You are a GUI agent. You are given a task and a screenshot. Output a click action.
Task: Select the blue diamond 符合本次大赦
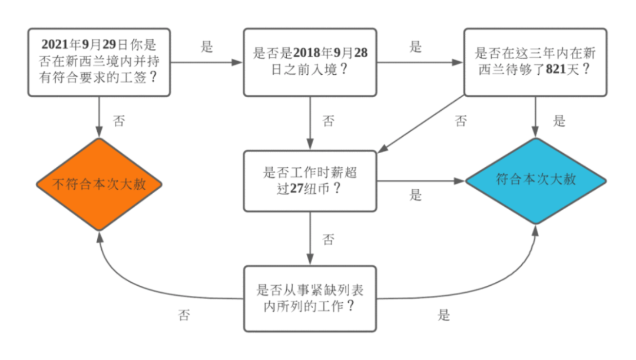pos(535,180)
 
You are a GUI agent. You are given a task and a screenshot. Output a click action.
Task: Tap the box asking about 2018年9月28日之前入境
pos(310,61)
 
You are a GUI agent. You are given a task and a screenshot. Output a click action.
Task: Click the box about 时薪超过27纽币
pos(310,181)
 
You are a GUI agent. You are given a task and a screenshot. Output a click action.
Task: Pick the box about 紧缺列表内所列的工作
pos(310,298)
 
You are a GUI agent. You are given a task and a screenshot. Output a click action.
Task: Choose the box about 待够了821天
pos(535,61)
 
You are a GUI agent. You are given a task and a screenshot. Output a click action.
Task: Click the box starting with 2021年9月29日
pos(99,61)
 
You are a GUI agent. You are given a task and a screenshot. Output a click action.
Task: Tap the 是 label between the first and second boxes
pos(207,48)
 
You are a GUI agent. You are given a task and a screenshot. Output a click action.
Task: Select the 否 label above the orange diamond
pos(119,121)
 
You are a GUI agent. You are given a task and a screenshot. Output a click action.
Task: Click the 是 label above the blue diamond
pos(559,121)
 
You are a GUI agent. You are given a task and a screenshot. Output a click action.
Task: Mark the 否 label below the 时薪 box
pos(329,239)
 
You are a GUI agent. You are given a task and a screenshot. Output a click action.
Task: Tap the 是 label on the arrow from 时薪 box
pos(416,195)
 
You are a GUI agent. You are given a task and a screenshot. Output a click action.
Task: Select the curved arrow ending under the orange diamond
pos(135,283)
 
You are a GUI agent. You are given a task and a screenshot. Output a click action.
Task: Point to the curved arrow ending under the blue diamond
pos(501,283)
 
